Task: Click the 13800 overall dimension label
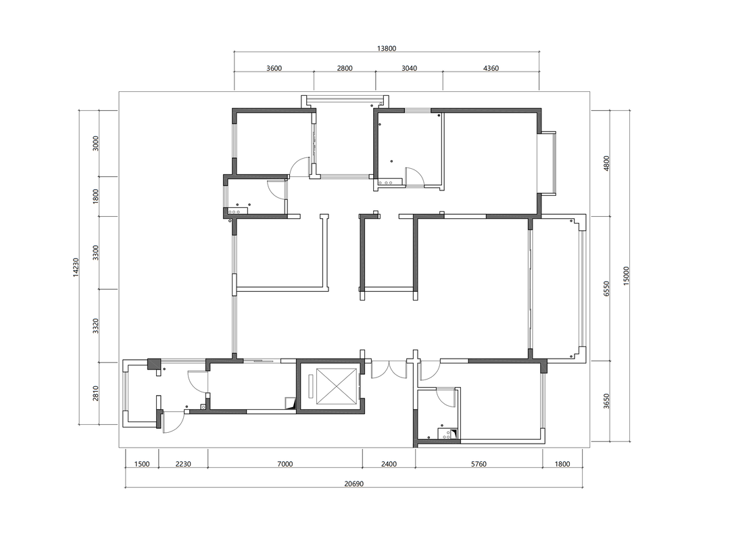click(x=387, y=49)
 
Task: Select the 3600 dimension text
click(x=274, y=68)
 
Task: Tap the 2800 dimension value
click(x=345, y=68)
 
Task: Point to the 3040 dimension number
click(x=409, y=68)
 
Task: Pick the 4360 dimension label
click(x=491, y=68)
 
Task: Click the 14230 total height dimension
click(x=76, y=267)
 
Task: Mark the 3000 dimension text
click(x=96, y=143)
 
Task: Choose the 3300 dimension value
click(x=96, y=253)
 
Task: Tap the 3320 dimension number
click(x=96, y=326)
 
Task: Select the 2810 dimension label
click(x=96, y=394)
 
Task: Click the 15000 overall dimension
click(x=626, y=276)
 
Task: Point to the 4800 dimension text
click(x=606, y=163)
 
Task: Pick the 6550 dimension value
click(x=606, y=288)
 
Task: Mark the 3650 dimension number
click(x=606, y=401)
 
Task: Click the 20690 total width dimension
click(x=354, y=484)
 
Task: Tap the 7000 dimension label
click(x=285, y=464)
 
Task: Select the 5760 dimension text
click(x=479, y=464)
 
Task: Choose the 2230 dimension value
click(x=183, y=464)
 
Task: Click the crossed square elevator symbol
click(x=337, y=386)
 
